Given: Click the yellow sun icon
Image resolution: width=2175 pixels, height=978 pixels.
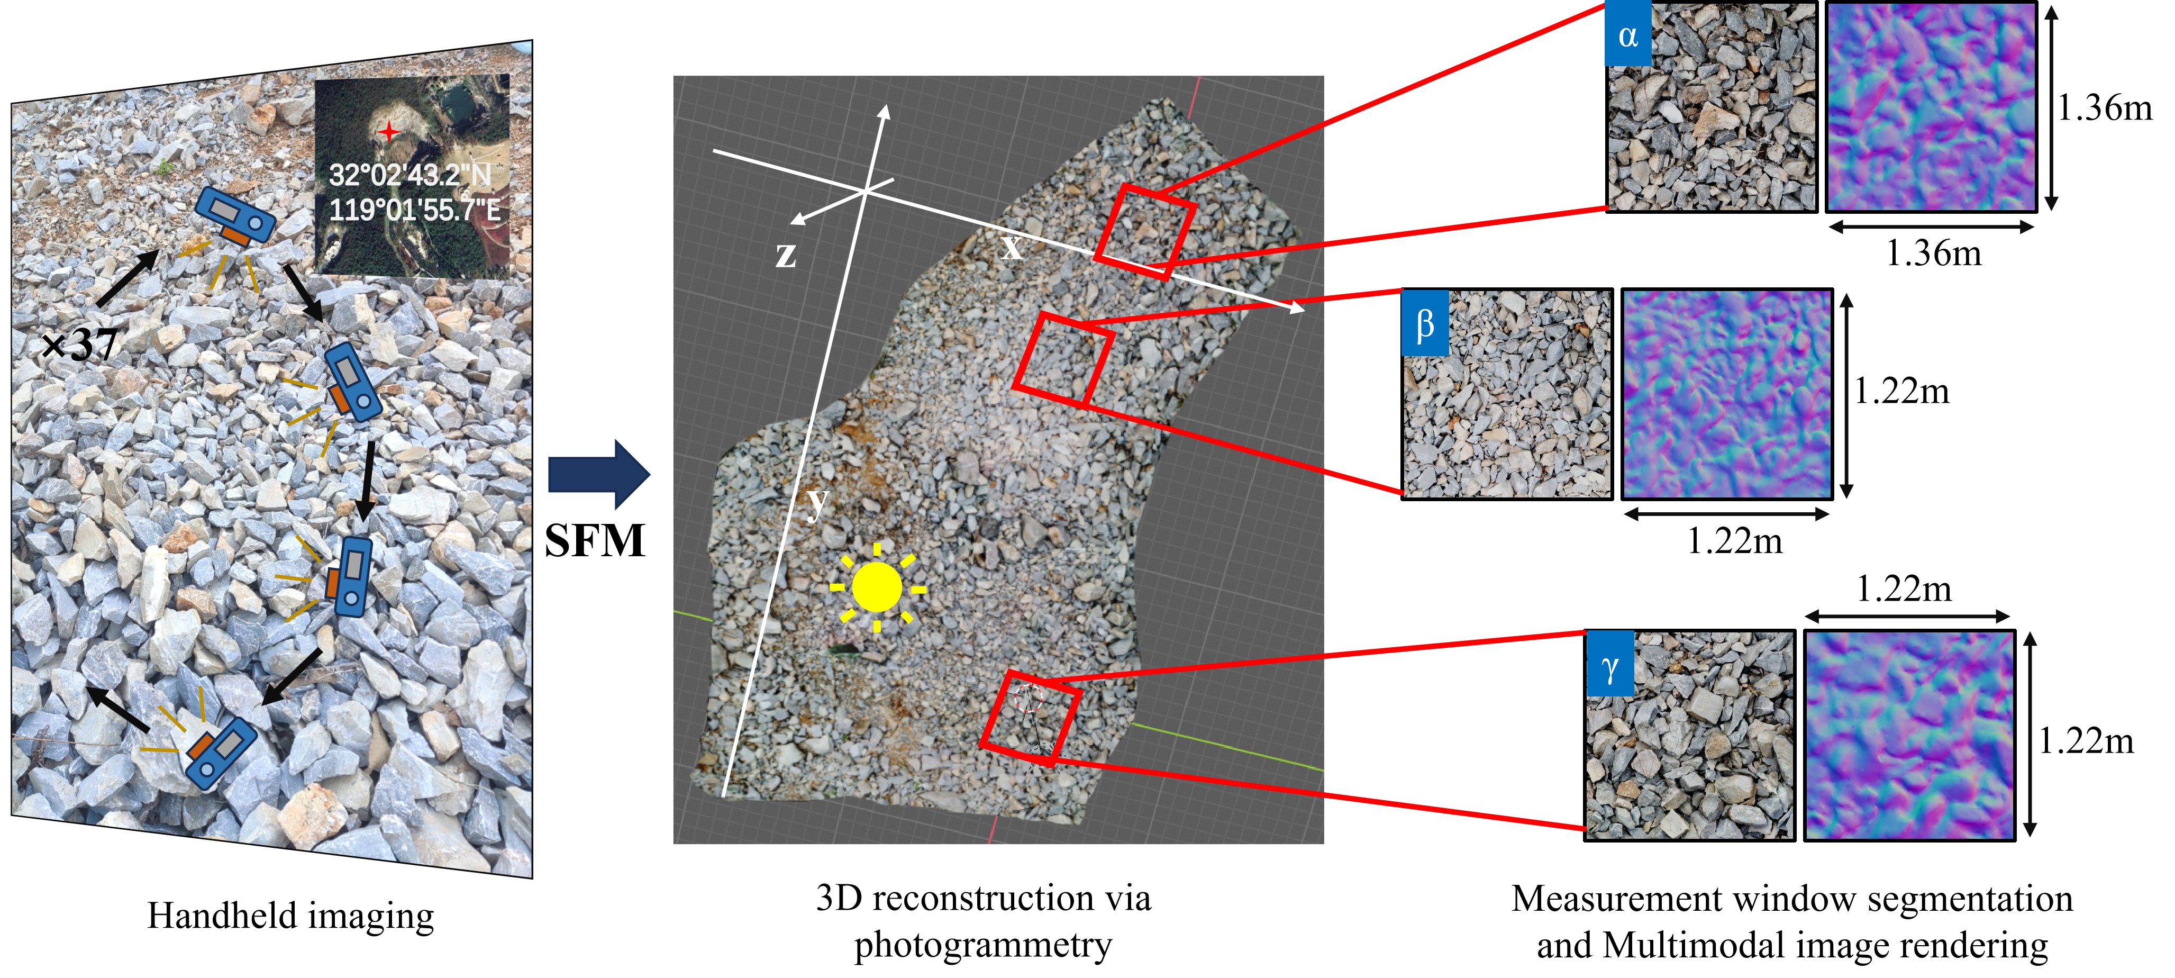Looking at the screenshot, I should coord(877,587).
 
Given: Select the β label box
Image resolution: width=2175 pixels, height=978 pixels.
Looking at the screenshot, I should coord(1424,323).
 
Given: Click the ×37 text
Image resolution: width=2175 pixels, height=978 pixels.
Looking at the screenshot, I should coord(80,345).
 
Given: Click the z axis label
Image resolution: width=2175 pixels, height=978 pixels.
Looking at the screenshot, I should coord(785,254).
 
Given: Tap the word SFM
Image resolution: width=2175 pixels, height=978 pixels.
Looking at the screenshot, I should coord(595,540).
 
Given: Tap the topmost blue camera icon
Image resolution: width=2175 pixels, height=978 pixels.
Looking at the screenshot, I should coord(235,219).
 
